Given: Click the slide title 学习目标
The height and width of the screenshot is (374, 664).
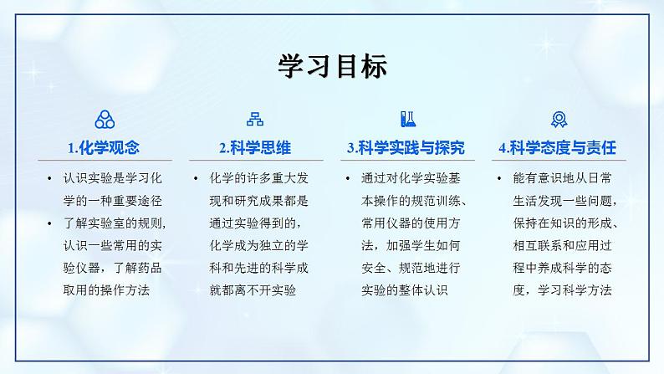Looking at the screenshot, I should tap(332, 66).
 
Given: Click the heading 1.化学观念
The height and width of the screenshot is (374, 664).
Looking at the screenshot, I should tap(104, 148).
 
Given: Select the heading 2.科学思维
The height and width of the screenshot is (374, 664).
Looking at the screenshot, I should tap(254, 148).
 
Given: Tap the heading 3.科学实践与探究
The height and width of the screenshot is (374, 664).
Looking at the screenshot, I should tap(406, 148).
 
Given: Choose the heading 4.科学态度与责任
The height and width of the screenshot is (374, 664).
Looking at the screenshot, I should tap(557, 148).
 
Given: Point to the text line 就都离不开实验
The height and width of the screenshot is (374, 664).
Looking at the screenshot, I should tap(255, 290).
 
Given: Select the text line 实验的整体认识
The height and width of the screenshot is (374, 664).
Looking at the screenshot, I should tap(406, 290).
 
